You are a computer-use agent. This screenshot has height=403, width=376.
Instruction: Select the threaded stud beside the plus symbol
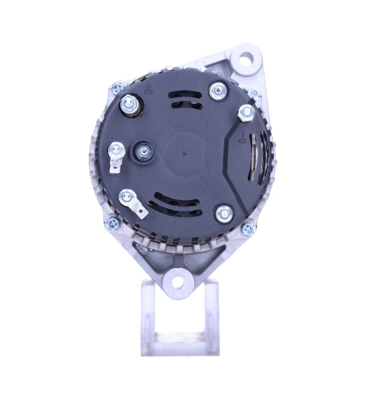128,104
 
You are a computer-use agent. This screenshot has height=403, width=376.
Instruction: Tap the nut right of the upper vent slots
217,89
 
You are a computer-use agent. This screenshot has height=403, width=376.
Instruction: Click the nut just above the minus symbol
246,112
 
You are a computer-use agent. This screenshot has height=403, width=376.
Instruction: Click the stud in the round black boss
142,152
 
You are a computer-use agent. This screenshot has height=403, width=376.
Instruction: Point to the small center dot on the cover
185,152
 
